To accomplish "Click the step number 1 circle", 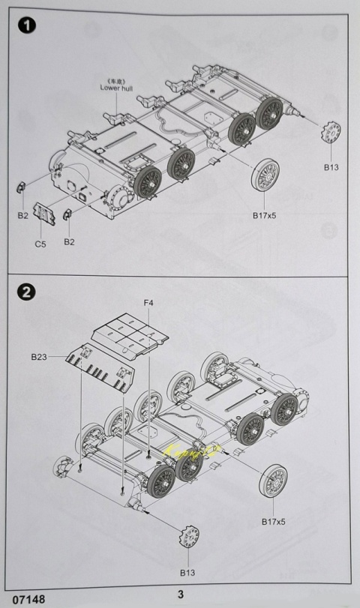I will [x=27, y=26].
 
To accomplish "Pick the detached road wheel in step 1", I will [x=266, y=177].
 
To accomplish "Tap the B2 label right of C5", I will [x=69, y=241].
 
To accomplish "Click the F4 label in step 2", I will [x=148, y=303].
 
